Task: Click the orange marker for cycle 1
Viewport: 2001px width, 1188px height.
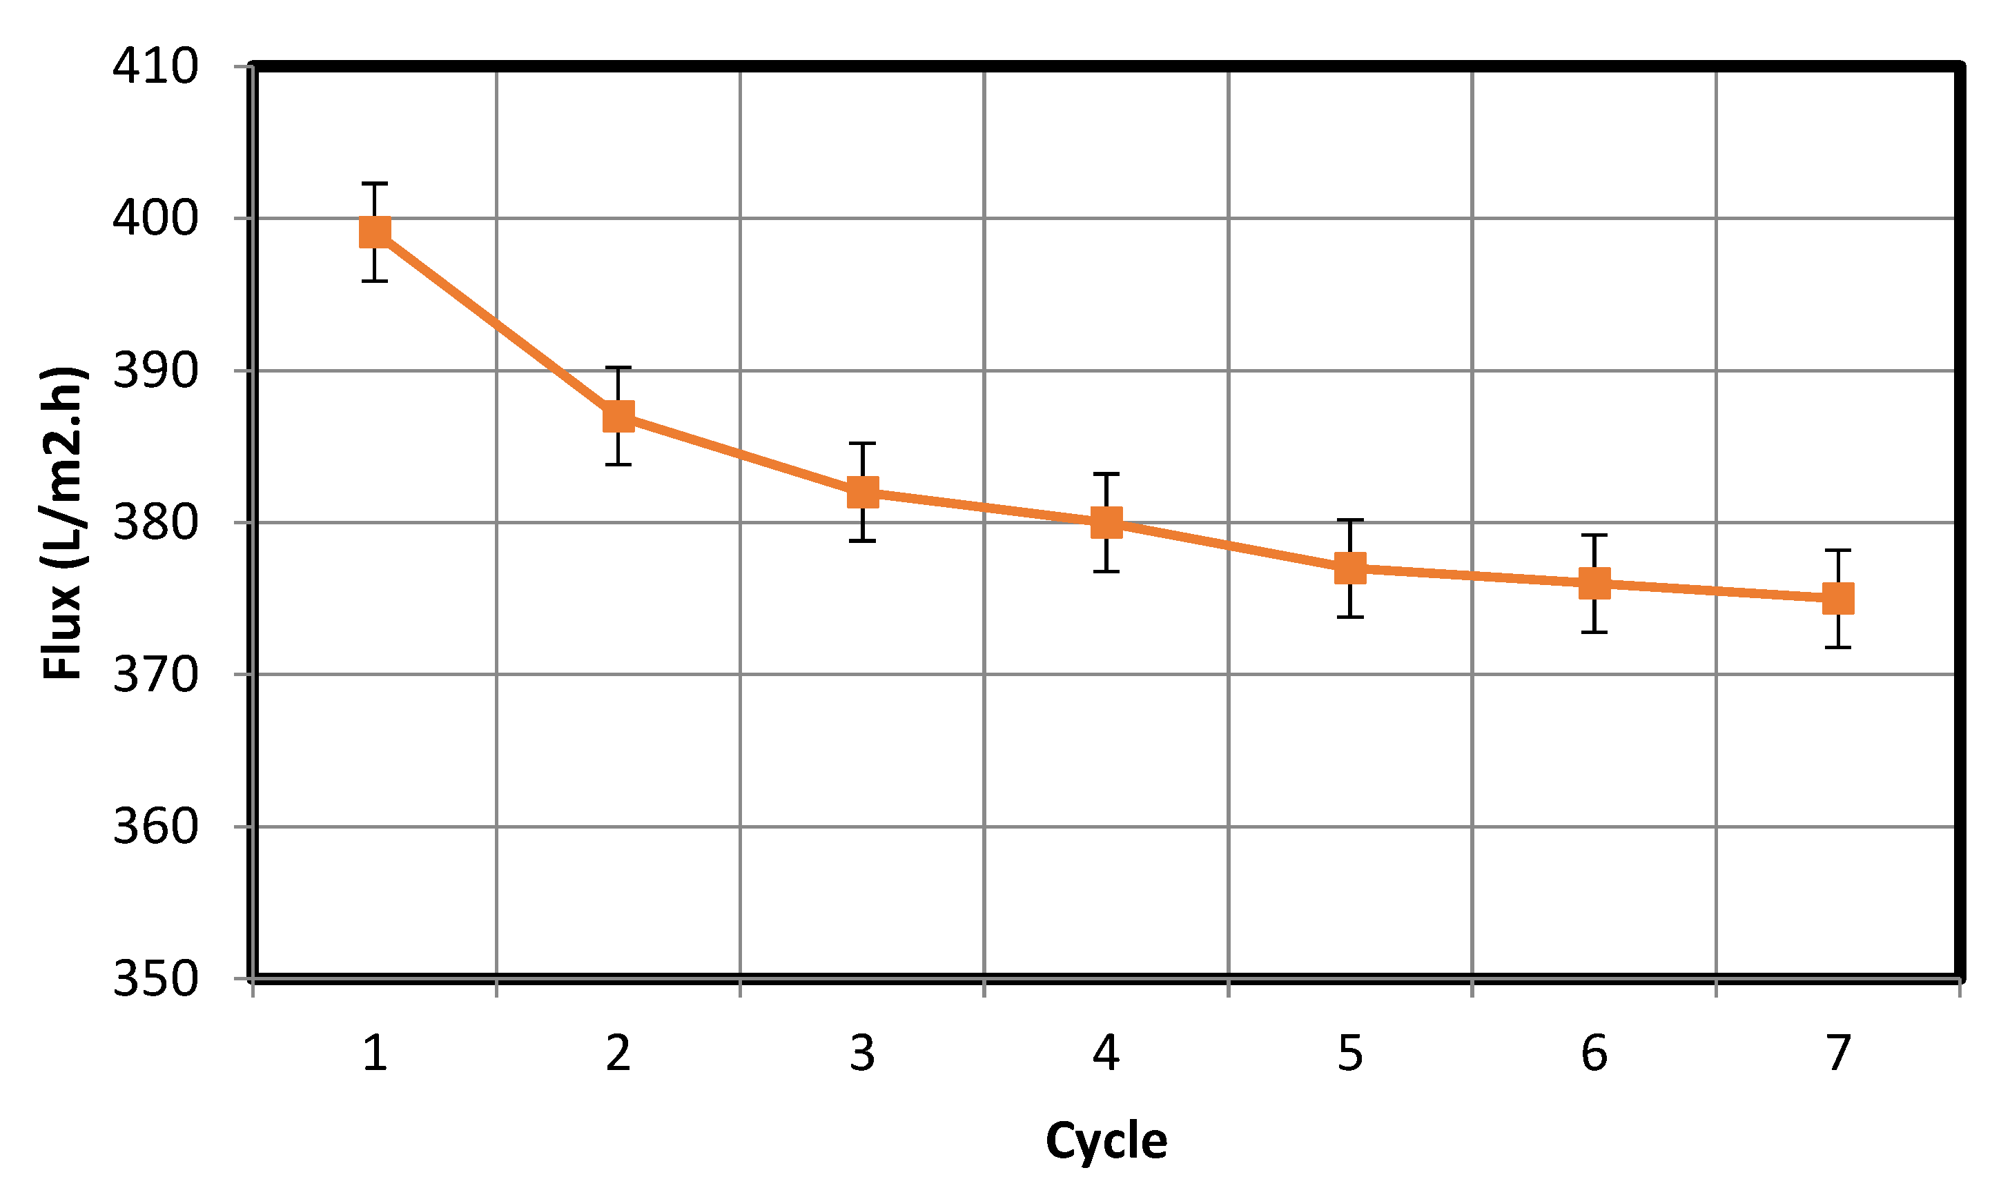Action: [375, 232]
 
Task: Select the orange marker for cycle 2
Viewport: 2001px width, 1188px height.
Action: [618, 416]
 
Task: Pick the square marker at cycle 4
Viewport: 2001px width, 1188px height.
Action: [1106, 523]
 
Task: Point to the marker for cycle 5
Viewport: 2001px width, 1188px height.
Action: [1350, 568]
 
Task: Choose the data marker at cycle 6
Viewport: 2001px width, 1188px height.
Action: [1594, 584]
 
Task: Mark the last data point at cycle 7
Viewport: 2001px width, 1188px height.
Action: [1837, 598]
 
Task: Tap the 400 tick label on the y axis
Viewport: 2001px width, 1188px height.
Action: [155, 218]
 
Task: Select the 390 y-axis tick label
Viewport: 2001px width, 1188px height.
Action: [155, 370]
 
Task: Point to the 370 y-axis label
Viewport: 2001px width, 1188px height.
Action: [155, 675]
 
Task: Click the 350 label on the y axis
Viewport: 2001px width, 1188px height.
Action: [155, 978]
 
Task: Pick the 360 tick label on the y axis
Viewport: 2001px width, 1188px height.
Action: [155, 826]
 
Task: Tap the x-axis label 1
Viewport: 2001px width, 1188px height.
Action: [375, 1053]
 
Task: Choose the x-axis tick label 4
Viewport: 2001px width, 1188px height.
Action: [1106, 1053]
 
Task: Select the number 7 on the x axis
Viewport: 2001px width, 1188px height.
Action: [1837, 1053]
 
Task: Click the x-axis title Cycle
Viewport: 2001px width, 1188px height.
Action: [1106, 1142]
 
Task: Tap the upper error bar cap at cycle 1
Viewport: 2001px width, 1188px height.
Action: [375, 184]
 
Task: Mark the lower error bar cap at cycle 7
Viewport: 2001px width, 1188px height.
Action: [1837, 647]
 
